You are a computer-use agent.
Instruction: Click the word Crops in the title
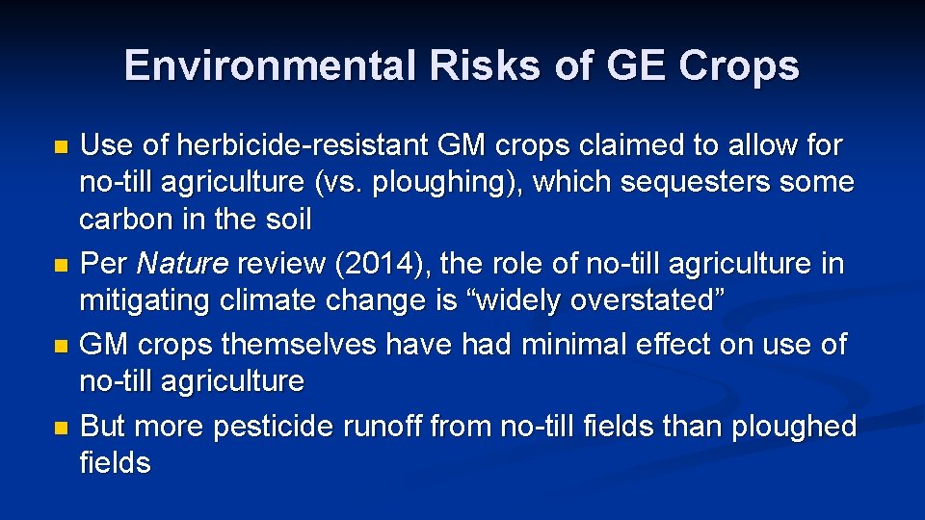(x=739, y=66)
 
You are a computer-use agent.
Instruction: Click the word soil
(x=289, y=220)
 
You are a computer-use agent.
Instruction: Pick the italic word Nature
(x=183, y=263)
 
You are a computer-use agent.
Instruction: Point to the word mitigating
(x=146, y=300)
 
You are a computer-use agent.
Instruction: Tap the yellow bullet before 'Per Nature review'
(x=62, y=264)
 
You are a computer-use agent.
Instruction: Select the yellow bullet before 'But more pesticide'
(x=62, y=427)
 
